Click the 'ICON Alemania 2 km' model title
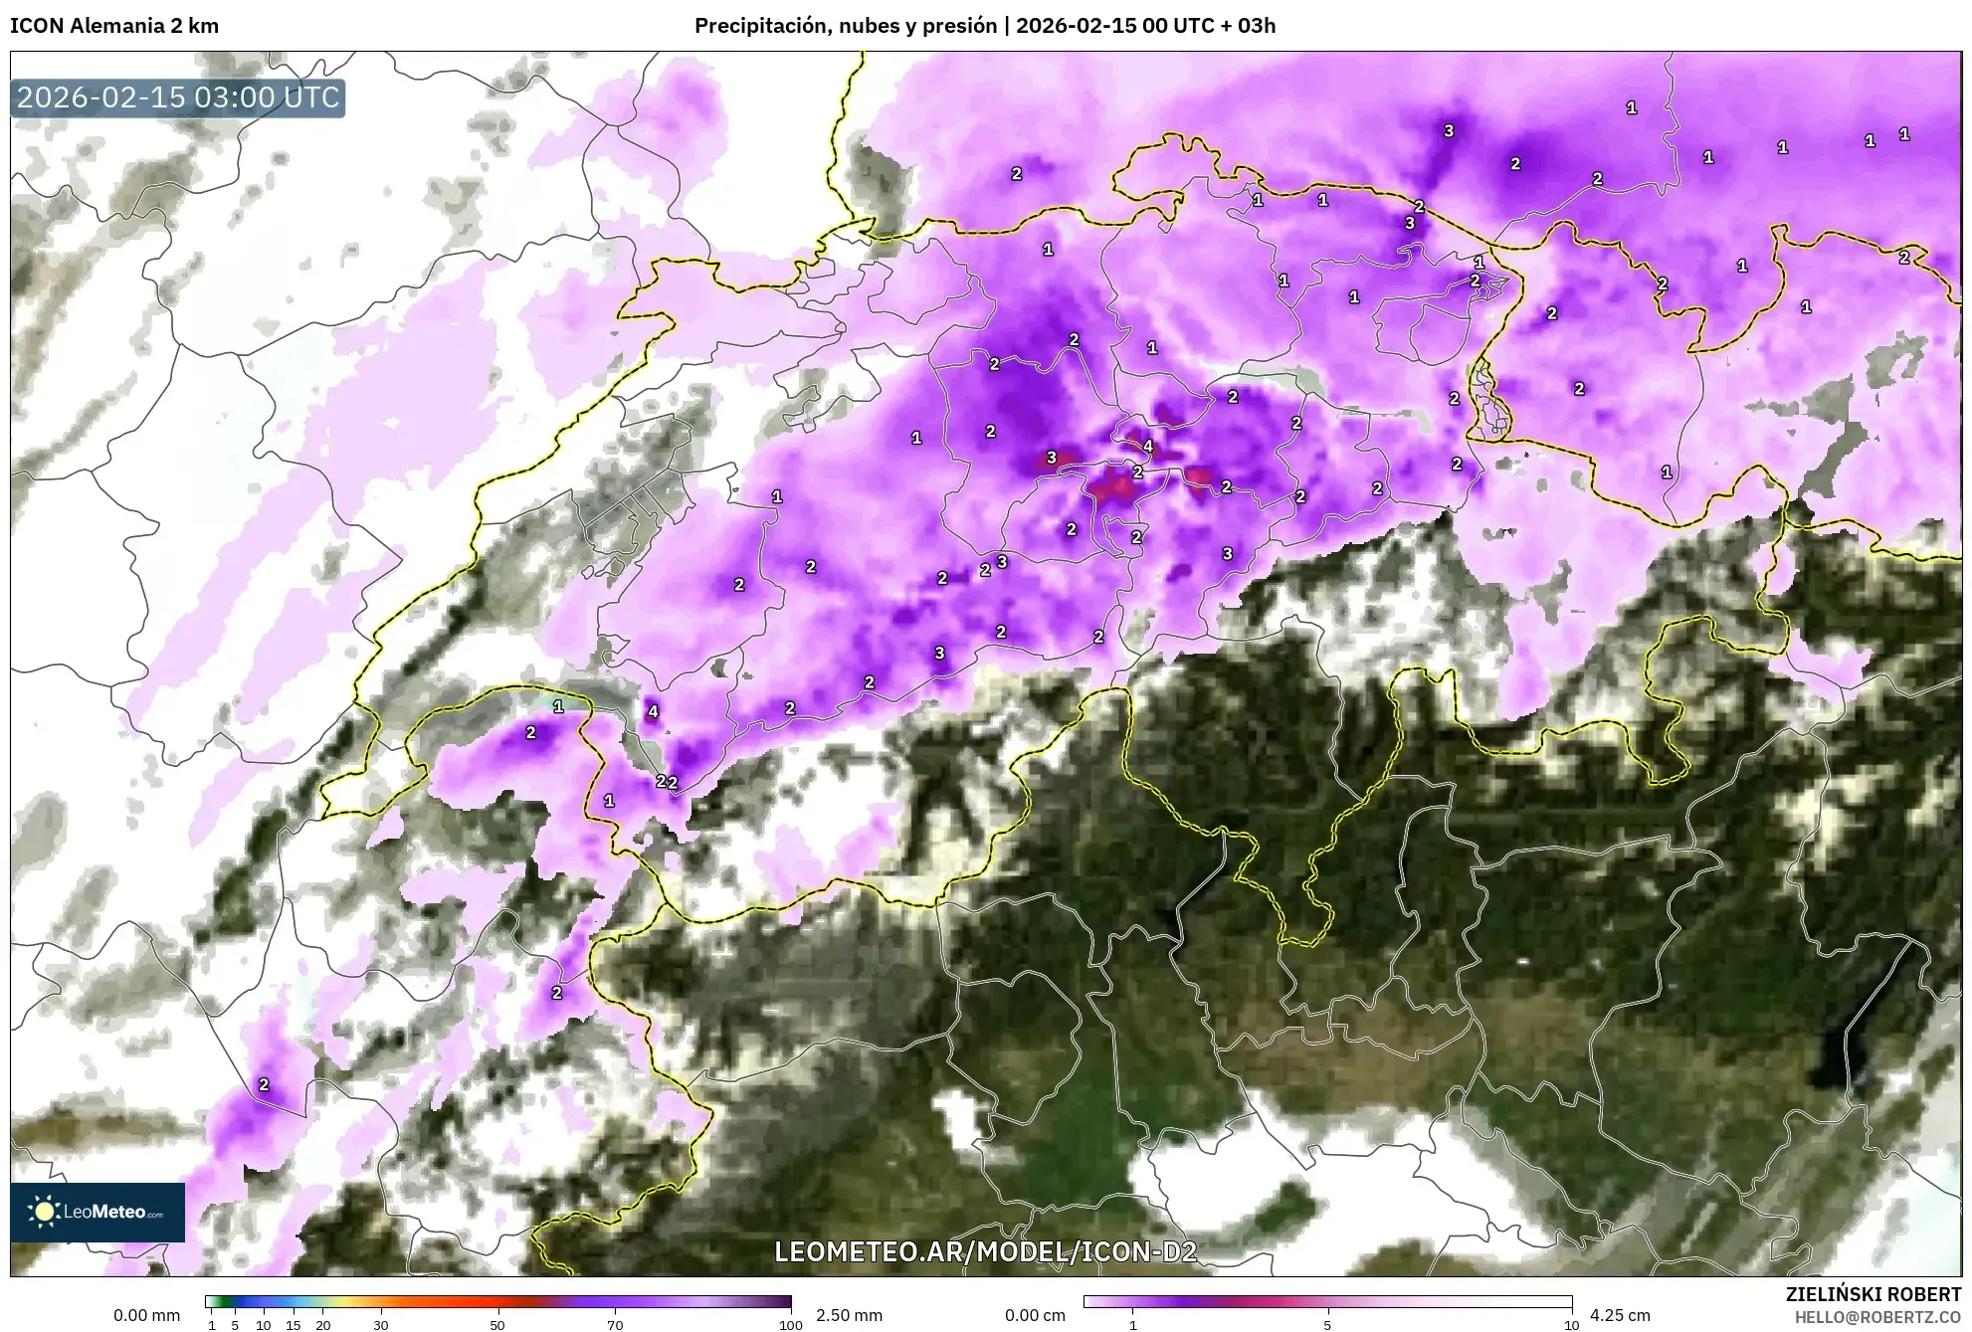point(114,26)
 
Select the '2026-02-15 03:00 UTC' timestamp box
point(178,98)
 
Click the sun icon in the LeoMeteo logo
point(44,1212)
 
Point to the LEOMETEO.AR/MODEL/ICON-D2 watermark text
point(985,1251)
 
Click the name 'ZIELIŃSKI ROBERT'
point(1873,1294)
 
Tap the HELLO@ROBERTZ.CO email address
point(1877,1317)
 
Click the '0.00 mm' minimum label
point(146,1315)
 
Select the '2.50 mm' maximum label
point(849,1315)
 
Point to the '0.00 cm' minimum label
point(1035,1315)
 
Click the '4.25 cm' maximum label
point(1620,1315)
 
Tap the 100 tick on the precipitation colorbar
point(791,1324)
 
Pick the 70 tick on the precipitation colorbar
point(615,1324)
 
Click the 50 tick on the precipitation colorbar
point(497,1324)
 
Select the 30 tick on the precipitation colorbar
point(381,1324)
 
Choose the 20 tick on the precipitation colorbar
point(322,1324)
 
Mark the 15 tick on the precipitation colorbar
point(293,1324)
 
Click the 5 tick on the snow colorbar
point(1327,1324)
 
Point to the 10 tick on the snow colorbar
point(1571,1324)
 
